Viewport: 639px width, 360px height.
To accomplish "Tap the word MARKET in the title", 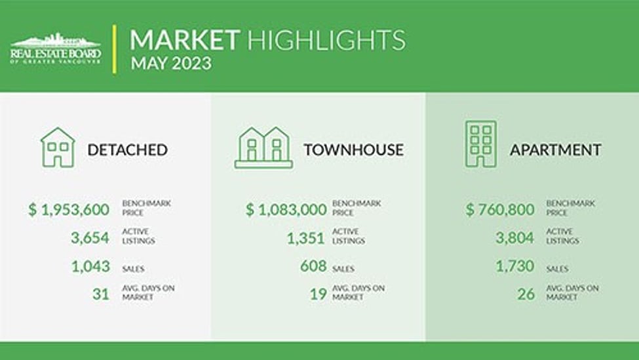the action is (185, 40).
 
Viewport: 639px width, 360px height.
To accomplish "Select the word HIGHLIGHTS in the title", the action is (326, 40).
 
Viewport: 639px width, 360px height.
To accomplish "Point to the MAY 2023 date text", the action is (171, 64).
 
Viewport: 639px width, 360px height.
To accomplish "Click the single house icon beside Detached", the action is (58, 147).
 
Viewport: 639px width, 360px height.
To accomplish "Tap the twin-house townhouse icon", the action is (263, 148).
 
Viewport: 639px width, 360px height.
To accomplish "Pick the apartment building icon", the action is (481, 144).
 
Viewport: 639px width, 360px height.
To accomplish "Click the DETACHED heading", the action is (128, 150).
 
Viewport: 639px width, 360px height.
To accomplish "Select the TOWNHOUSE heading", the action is (354, 150).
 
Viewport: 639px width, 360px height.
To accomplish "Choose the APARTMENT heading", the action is (556, 150).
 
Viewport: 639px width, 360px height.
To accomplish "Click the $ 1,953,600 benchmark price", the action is (69, 210).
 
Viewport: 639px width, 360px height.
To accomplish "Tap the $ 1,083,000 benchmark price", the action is (286, 210).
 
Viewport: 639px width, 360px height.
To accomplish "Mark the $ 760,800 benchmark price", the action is (500, 210).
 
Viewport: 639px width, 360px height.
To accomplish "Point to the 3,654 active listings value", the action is (90, 237).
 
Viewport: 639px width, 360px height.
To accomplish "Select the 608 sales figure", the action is (313, 266).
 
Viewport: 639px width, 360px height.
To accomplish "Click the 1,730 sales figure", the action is (515, 266).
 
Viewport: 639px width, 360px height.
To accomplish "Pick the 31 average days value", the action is (101, 294).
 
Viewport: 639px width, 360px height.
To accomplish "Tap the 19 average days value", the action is (319, 294).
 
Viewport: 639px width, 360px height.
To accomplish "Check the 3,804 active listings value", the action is (515, 237).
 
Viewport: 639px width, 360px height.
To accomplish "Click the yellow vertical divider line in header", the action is (115, 49).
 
